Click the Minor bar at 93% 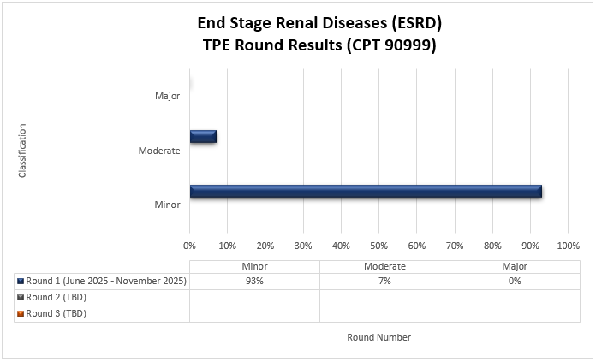click(x=366, y=192)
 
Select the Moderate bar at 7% click(x=203, y=136)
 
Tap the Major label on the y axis click(x=168, y=96)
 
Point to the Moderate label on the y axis click(x=159, y=151)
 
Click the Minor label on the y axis click(x=167, y=205)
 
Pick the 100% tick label click(x=568, y=246)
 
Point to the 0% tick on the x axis click(x=190, y=246)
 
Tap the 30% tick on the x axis click(x=303, y=246)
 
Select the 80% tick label click(x=492, y=246)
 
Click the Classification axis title click(x=23, y=151)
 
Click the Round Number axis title click(x=378, y=337)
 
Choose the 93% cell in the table click(x=254, y=281)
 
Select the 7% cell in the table click(x=384, y=281)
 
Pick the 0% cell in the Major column click(x=514, y=281)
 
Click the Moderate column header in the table click(x=384, y=266)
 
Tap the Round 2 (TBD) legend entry click(x=56, y=297)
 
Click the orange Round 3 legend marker click(x=20, y=314)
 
